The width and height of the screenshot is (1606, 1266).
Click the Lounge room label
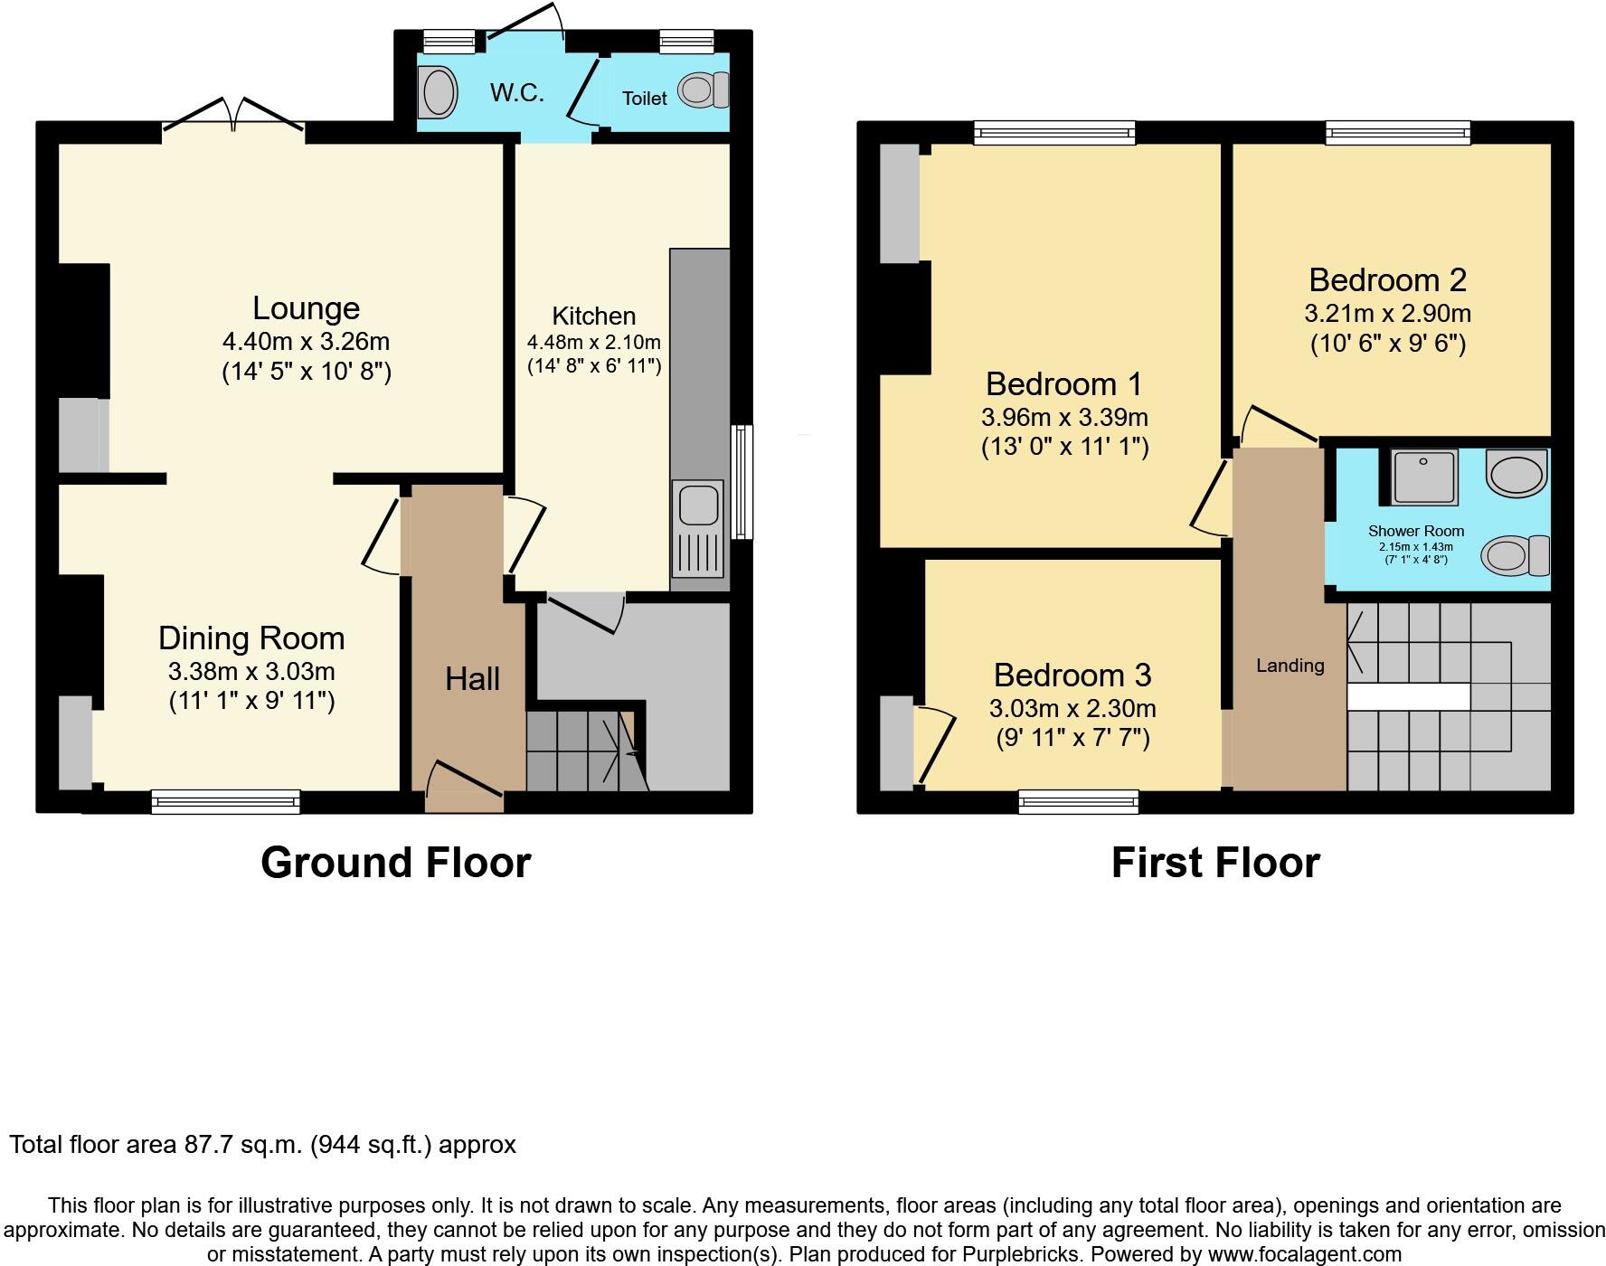click(x=306, y=309)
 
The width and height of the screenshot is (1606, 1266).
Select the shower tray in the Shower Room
click(x=1424, y=477)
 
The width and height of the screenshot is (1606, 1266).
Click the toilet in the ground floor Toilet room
click(x=703, y=90)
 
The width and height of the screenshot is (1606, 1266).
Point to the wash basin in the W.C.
click(x=439, y=93)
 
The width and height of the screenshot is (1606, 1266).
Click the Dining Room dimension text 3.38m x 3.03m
click(x=251, y=672)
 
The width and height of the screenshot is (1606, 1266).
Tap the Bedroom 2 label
click(x=1387, y=280)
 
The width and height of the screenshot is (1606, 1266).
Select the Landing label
click(x=1290, y=666)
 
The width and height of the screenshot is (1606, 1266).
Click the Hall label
click(x=472, y=679)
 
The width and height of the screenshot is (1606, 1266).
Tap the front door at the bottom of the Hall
click(x=464, y=787)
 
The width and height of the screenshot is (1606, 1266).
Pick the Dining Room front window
click(x=225, y=800)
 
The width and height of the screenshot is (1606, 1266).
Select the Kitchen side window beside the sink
click(x=742, y=482)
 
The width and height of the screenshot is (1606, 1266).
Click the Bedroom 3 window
click(x=1078, y=800)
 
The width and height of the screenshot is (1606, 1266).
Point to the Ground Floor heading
click(x=395, y=863)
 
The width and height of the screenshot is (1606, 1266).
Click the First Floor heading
click(x=1214, y=863)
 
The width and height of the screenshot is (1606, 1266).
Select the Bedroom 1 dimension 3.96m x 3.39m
click(x=1064, y=418)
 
